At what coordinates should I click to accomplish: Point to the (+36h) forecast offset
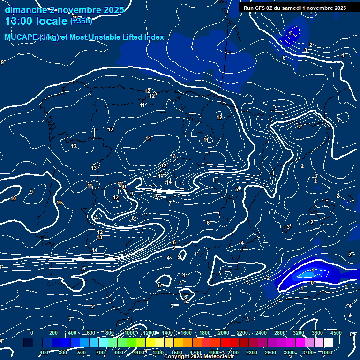(81, 21)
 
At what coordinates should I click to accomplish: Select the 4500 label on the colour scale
(336, 333)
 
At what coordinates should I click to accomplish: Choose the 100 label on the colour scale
(45, 352)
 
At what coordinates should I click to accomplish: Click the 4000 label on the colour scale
(327, 352)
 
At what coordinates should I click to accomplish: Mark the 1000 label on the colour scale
(130, 333)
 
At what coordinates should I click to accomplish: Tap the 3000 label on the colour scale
(289, 352)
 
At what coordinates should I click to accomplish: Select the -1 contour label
(311, 270)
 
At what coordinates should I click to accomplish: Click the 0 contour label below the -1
(312, 283)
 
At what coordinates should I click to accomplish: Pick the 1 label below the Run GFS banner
(290, 33)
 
